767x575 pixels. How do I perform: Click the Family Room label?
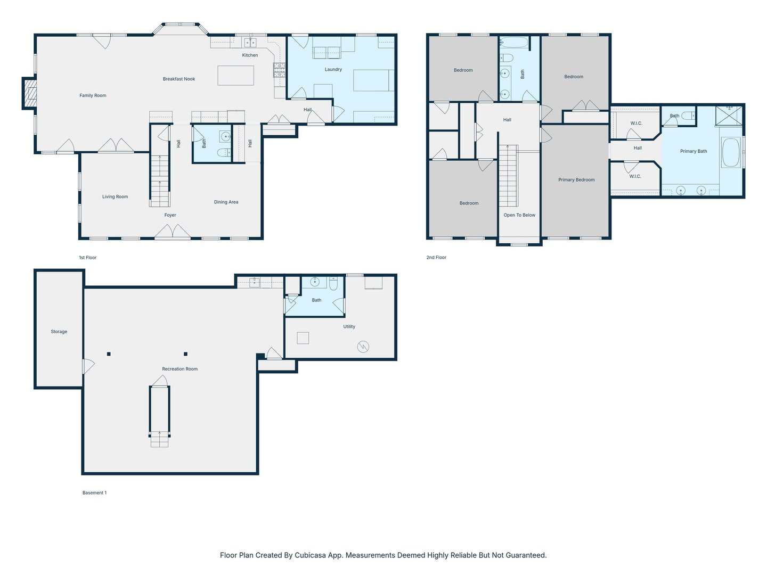93,95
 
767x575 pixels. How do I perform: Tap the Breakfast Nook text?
179,79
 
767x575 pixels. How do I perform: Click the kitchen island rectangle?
235,76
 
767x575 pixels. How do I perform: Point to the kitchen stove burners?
279,70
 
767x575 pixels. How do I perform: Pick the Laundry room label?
333,69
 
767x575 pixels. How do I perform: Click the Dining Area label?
226,202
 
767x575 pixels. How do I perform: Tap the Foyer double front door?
173,232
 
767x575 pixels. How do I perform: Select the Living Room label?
115,196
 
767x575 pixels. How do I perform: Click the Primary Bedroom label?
576,180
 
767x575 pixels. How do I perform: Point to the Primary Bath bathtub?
731,153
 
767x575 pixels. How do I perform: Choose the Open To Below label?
519,215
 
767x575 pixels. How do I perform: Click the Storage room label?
59,332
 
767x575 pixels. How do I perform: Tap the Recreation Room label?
179,369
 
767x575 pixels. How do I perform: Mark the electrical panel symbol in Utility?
363,347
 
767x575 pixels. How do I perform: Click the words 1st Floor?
88,258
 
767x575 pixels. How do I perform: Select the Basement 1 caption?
94,493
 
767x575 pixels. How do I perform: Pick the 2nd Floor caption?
436,257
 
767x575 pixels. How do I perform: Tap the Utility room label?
349,327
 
